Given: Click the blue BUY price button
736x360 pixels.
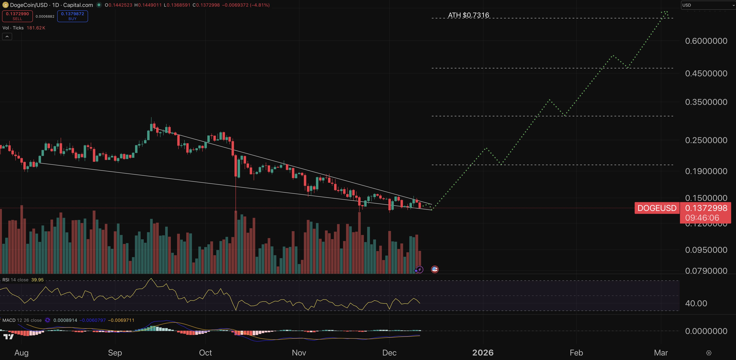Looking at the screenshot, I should click(x=73, y=16).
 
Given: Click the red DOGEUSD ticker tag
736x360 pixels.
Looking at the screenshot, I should click(x=657, y=208).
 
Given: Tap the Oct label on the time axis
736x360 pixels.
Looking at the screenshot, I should click(x=205, y=353).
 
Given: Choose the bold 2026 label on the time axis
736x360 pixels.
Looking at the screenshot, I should click(x=483, y=353).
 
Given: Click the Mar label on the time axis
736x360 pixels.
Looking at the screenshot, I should click(x=661, y=353).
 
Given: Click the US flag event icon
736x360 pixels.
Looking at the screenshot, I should click(x=435, y=269).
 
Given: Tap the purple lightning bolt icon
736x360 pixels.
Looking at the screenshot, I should click(x=419, y=269).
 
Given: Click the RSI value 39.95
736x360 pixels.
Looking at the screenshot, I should click(x=37, y=280).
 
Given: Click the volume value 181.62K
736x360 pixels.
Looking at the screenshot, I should click(x=36, y=28).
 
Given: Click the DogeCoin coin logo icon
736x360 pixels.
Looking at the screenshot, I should click(x=5, y=5).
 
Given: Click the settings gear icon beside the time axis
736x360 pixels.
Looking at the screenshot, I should click(x=709, y=353).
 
